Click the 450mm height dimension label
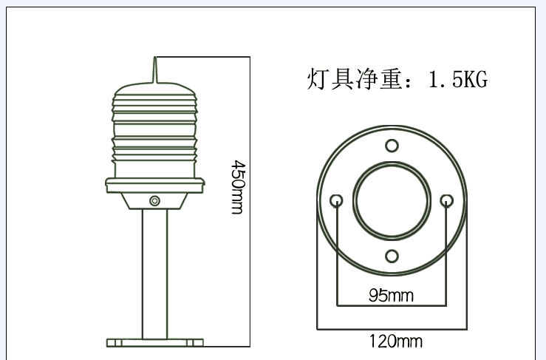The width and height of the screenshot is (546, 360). point(237,187)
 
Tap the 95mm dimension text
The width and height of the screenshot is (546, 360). point(391,296)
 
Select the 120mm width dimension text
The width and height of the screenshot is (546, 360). point(396,341)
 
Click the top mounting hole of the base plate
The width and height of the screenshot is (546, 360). point(392,145)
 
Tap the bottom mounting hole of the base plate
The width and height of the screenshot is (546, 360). point(392,257)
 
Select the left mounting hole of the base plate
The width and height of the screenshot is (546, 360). point(337,200)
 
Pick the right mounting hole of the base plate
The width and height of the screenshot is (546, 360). point(446,200)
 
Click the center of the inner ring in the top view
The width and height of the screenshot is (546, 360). point(392,200)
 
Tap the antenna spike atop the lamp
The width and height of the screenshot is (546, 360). point(155,70)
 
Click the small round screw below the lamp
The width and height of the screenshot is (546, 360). point(154,200)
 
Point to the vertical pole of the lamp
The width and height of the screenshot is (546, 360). point(155,274)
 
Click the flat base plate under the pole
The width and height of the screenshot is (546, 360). point(155,343)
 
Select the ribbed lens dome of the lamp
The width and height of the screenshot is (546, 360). point(155,129)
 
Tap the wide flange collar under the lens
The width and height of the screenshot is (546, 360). point(155,184)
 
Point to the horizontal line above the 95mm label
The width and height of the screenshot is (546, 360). point(392,305)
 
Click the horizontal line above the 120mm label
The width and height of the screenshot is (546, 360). point(392,328)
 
